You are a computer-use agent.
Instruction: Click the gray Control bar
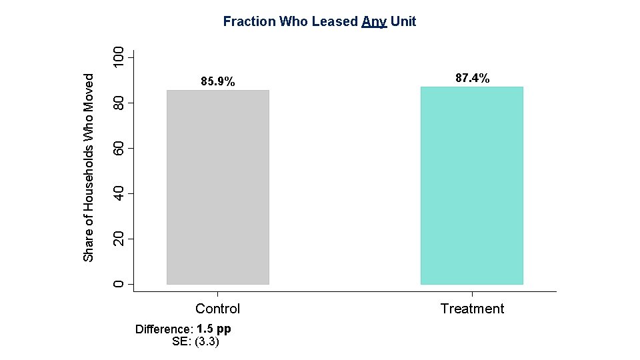click(x=217, y=187)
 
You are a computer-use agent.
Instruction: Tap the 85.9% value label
click(x=218, y=82)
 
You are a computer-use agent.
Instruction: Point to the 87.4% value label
click(x=472, y=78)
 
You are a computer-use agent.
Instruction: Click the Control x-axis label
click(x=217, y=309)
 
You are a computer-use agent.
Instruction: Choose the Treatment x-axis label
click(x=472, y=309)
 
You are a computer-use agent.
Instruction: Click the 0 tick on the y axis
click(x=118, y=285)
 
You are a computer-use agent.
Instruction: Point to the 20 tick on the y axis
click(x=118, y=239)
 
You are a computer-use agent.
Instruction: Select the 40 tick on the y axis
click(x=118, y=193)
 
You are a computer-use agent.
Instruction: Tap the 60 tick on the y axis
click(x=118, y=148)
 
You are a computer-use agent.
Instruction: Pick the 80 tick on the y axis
click(x=118, y=103)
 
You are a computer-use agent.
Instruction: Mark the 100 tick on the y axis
click(x=118, y=57)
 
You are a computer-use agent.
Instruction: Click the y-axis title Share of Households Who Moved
click(x=89, y=167)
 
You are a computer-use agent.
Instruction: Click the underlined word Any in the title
click(x=374, y=22)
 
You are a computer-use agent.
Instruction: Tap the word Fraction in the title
click(x=249, y=21)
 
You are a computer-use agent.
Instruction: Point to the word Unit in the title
click(x=403, y=21)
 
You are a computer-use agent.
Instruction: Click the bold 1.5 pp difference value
click(x=214, y=329)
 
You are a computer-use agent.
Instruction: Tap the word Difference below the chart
click(x=163, y=329)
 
